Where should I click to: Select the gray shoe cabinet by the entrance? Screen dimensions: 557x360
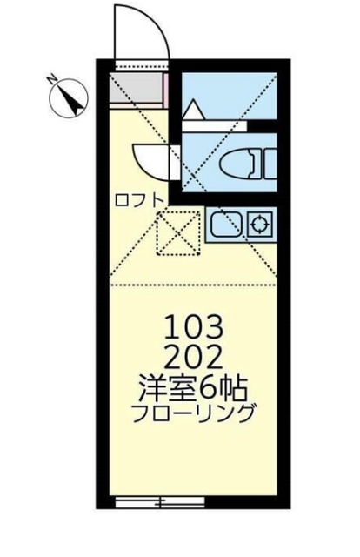(x=139, y=90)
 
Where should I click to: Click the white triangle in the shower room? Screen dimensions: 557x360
(x=193, y=111)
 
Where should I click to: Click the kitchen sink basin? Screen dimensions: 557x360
(x=224, y=225)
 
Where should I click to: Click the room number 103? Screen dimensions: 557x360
(x=198, y=328)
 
